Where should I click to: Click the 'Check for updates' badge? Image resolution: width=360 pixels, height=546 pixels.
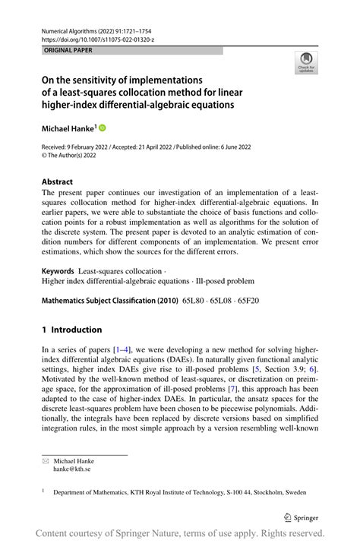(307, 62)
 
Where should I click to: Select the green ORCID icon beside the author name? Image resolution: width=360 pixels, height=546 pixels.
(103, 128)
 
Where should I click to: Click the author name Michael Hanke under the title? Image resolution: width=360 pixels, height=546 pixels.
(68, 128)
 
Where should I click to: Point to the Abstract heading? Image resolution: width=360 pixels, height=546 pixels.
(58, 181)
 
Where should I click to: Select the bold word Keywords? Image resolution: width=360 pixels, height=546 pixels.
(58, 270)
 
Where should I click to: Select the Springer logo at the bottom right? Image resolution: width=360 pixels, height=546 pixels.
(302, 517)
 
